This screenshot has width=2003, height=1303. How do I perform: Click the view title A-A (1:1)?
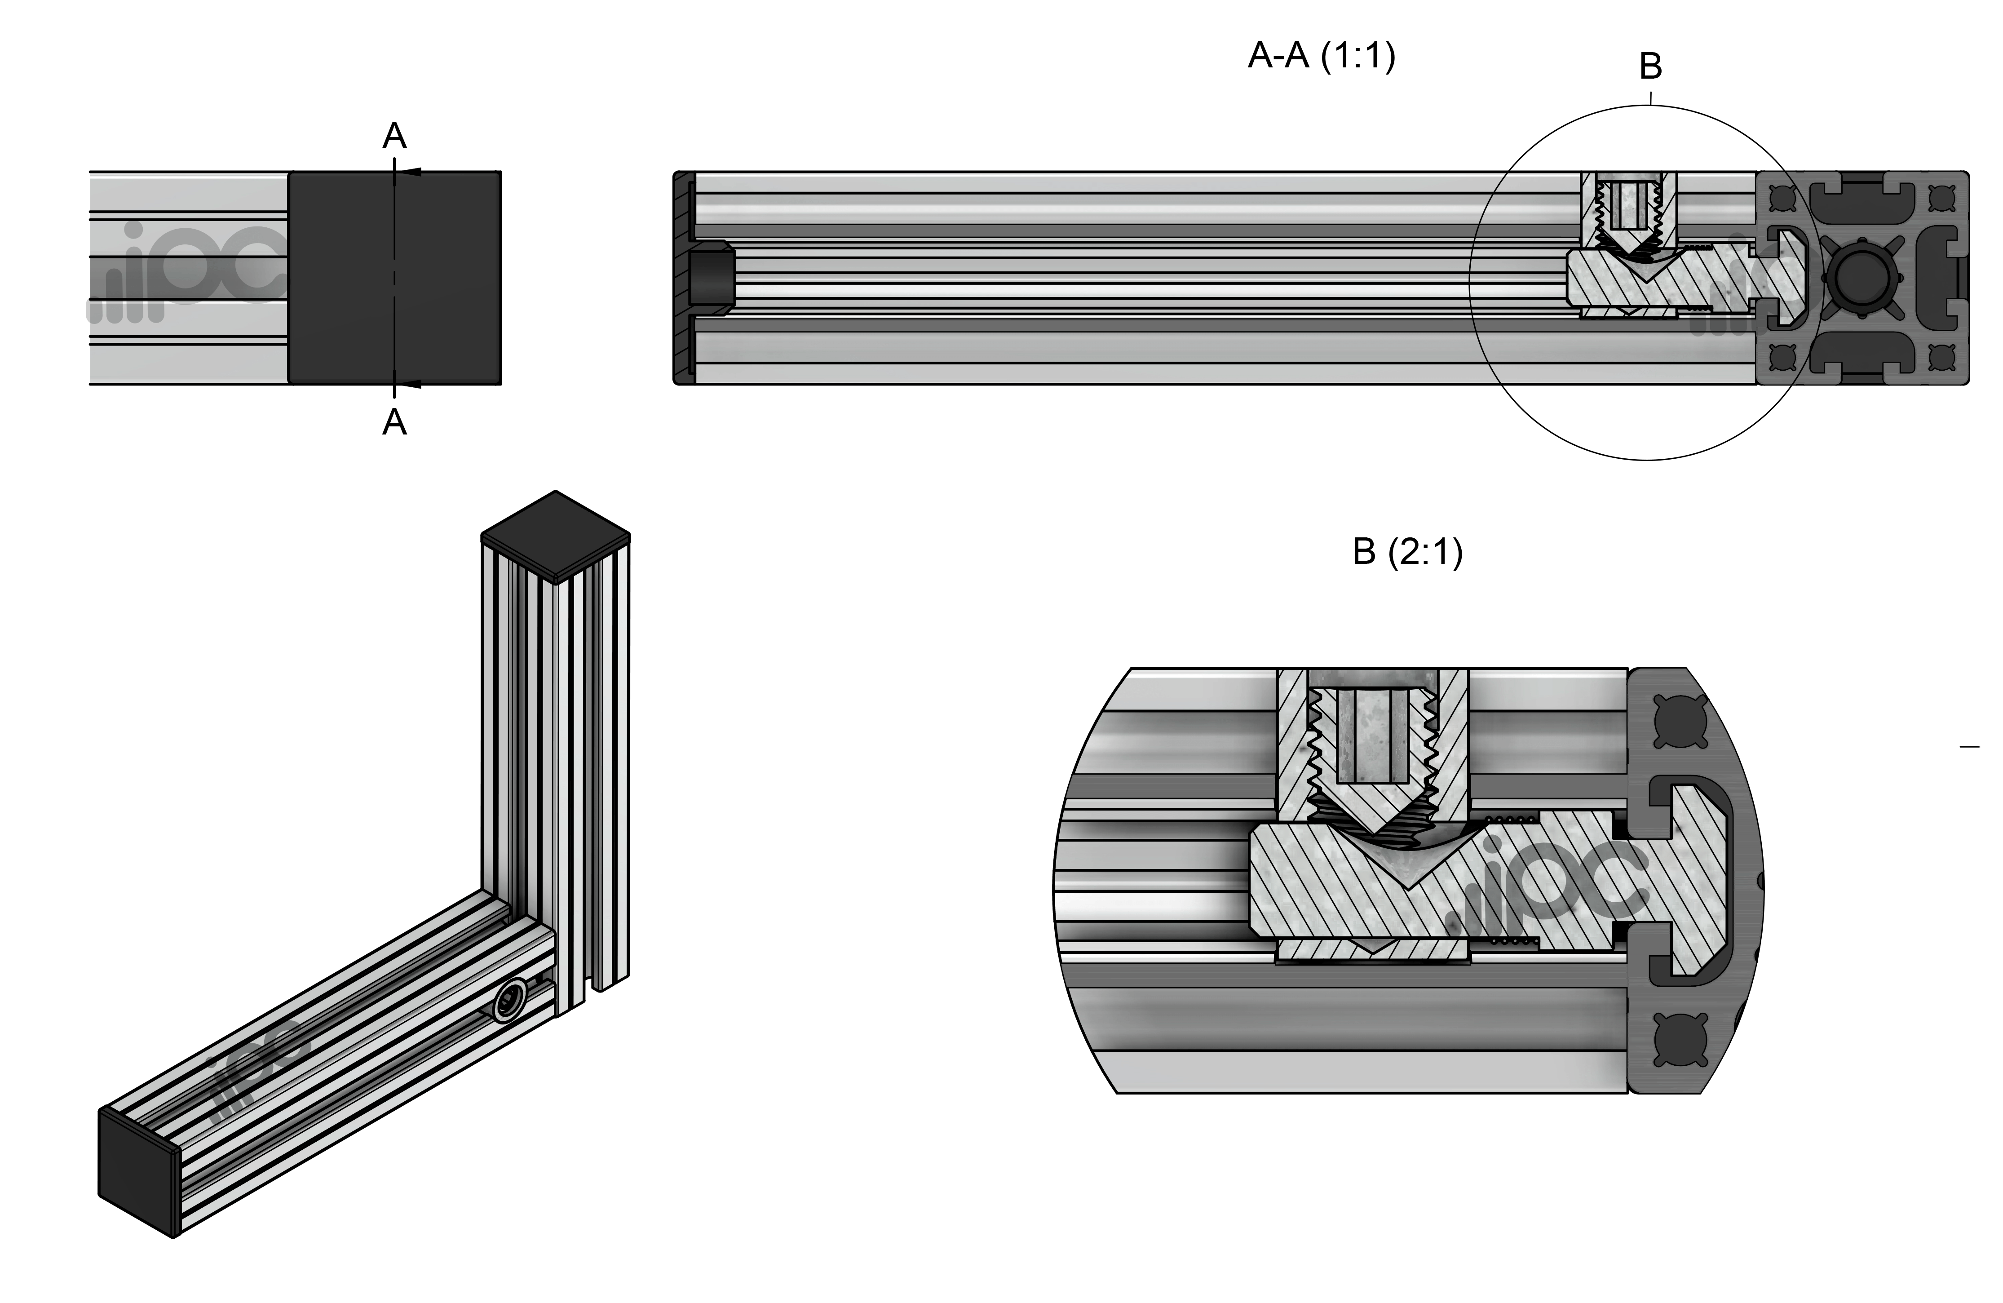pos(1321,57)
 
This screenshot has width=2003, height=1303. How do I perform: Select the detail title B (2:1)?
pos(1407,552)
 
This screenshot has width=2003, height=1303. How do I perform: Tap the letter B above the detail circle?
pos(1650,66)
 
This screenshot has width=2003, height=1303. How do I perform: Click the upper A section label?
pos(395,136)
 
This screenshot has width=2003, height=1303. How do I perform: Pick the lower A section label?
pos(395,422)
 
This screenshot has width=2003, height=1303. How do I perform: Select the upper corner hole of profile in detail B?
pos(1680,721)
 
